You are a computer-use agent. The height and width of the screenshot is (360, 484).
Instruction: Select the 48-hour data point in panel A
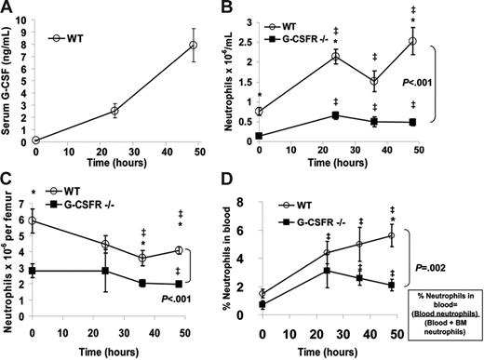(193, 45)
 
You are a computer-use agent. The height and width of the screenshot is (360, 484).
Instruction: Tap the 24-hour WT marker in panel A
(114, 111)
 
